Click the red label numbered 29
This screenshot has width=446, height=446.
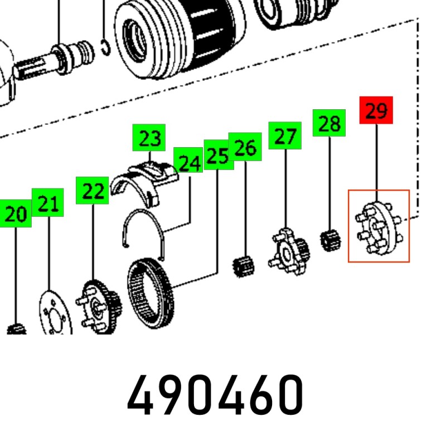tap(376, 110)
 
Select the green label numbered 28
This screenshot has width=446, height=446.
tap(329, 123)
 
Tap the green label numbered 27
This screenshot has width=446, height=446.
tap(285, 135)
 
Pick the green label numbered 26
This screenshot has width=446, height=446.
tap(245, 147)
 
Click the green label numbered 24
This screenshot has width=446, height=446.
tap(188, 160)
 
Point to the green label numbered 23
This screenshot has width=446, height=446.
tap(149, 138)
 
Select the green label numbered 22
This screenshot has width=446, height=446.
tap(92, 190)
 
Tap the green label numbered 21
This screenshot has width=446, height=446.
tap(47, 202)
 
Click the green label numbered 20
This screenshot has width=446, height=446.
tap(16, 214)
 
